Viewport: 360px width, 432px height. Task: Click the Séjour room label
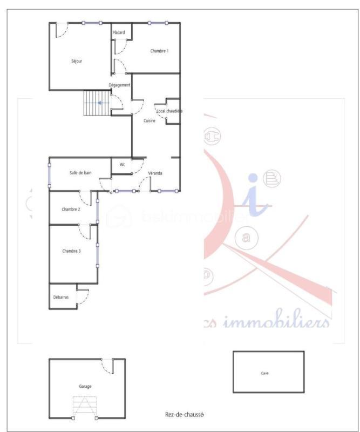77,61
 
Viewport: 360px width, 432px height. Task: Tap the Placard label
119,32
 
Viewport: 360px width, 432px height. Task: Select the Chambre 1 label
159,51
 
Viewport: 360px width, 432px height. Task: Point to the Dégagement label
119,85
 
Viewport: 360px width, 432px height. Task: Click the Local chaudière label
169,111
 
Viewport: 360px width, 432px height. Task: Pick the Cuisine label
150,121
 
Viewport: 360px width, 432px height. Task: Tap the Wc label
123,165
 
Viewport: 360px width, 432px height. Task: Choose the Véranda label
155,173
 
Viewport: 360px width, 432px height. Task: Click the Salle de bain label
80,173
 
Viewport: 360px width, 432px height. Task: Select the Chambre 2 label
71,209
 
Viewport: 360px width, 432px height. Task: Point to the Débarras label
61,297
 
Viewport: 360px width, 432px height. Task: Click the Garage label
85,387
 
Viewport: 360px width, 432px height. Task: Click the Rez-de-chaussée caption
184,414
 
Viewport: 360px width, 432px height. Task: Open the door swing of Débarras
83,297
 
